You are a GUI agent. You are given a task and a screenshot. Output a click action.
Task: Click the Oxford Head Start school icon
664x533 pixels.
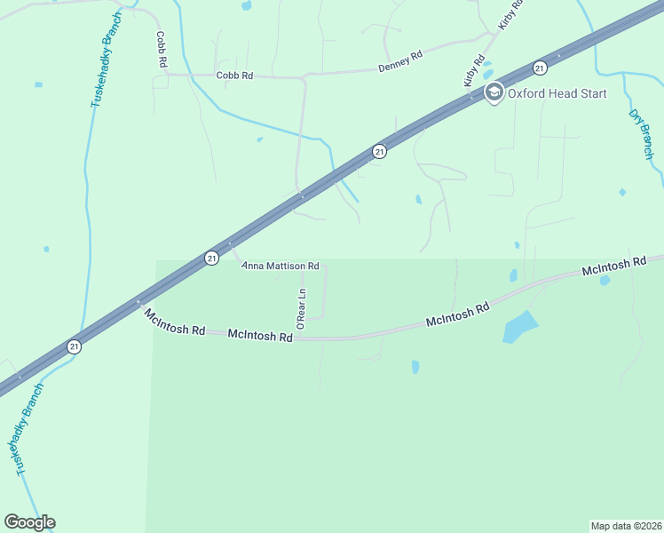point(494,91)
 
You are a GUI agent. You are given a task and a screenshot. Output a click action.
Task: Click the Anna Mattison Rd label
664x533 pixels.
point(281,266)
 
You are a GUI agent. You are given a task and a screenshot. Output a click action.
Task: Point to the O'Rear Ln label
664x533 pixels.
point(301,310)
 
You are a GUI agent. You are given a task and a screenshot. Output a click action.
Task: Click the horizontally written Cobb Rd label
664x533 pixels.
point(234,76)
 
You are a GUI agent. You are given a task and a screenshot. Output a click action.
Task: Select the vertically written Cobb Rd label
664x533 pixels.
point(162,50)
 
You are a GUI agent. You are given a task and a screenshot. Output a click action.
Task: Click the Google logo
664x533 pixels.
point(29,522)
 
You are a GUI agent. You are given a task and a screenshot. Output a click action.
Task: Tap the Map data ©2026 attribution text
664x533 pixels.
point(626,525)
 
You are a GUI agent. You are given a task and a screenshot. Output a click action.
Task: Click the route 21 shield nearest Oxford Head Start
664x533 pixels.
point(539,68)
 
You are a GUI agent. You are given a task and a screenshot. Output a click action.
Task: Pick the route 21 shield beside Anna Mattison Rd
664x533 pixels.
point(211,258)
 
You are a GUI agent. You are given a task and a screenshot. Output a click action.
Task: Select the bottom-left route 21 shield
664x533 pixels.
point(75,346)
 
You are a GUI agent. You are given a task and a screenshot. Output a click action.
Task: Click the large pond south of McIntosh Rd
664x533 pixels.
point(520,327)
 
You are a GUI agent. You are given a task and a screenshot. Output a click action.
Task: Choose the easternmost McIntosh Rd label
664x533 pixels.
point(613,265)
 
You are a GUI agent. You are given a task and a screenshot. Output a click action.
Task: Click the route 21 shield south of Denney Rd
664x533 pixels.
point(379,152)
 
